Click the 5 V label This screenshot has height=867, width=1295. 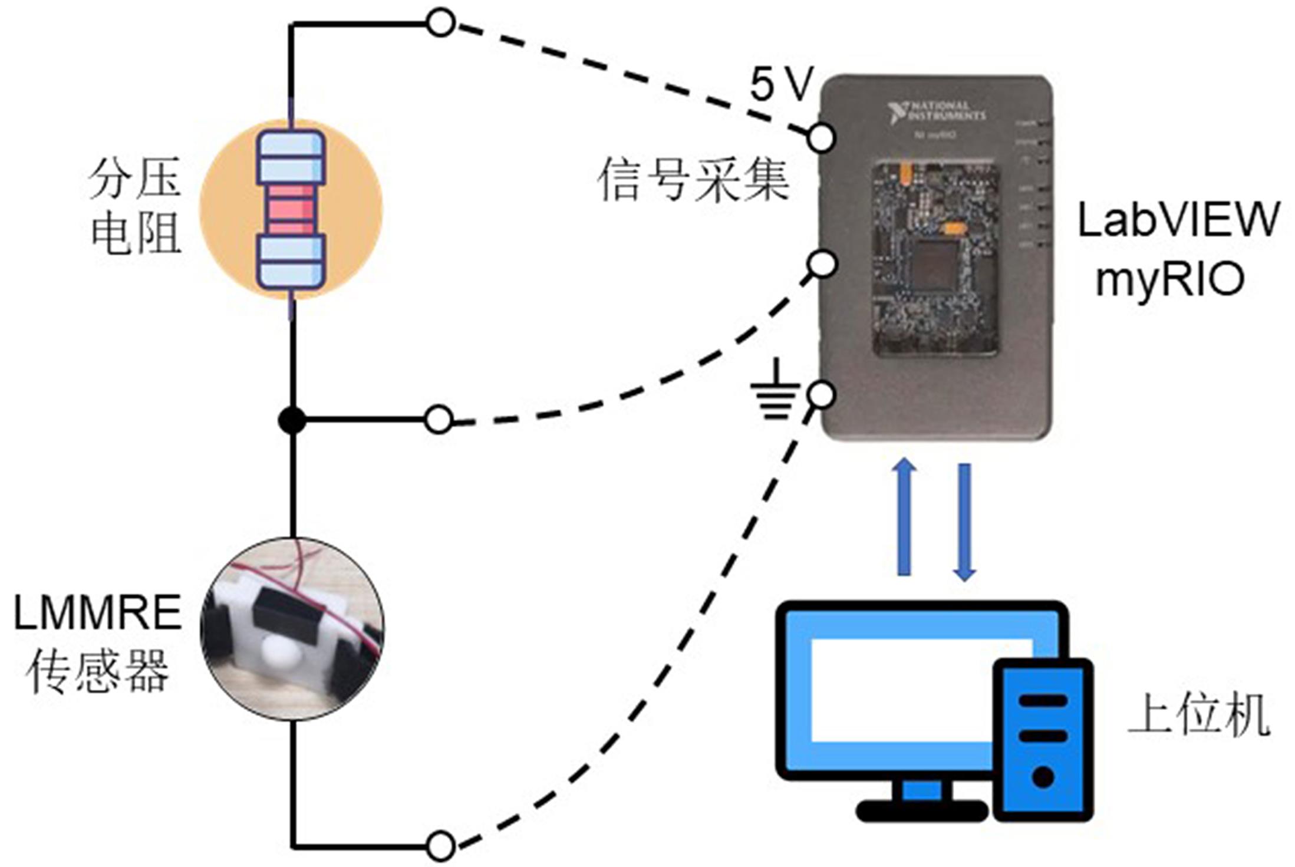781,84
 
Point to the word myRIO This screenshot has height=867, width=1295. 1170,279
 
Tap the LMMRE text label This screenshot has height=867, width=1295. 97,613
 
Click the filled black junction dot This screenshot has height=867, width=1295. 292,421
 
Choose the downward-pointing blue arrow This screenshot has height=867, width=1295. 964,522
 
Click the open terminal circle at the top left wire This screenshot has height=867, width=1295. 440,23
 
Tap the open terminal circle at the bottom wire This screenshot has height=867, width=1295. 440,847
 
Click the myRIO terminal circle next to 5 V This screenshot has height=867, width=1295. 821,138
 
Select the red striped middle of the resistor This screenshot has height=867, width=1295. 291,209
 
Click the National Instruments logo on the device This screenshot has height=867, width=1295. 937,112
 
